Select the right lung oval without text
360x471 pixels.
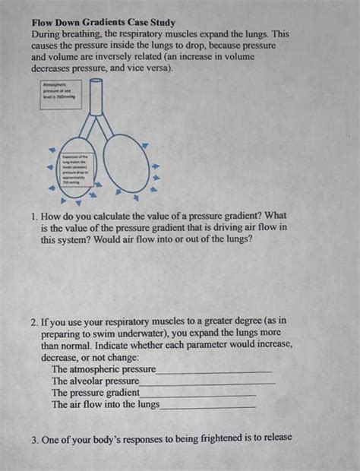click(x=125, y=169)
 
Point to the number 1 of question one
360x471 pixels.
click(x=35, y=217)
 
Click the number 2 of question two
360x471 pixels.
click(x=35, y=321)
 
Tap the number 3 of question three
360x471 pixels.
click(x=35, y=440)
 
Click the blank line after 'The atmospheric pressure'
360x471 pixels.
click(x=213, y=370)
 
